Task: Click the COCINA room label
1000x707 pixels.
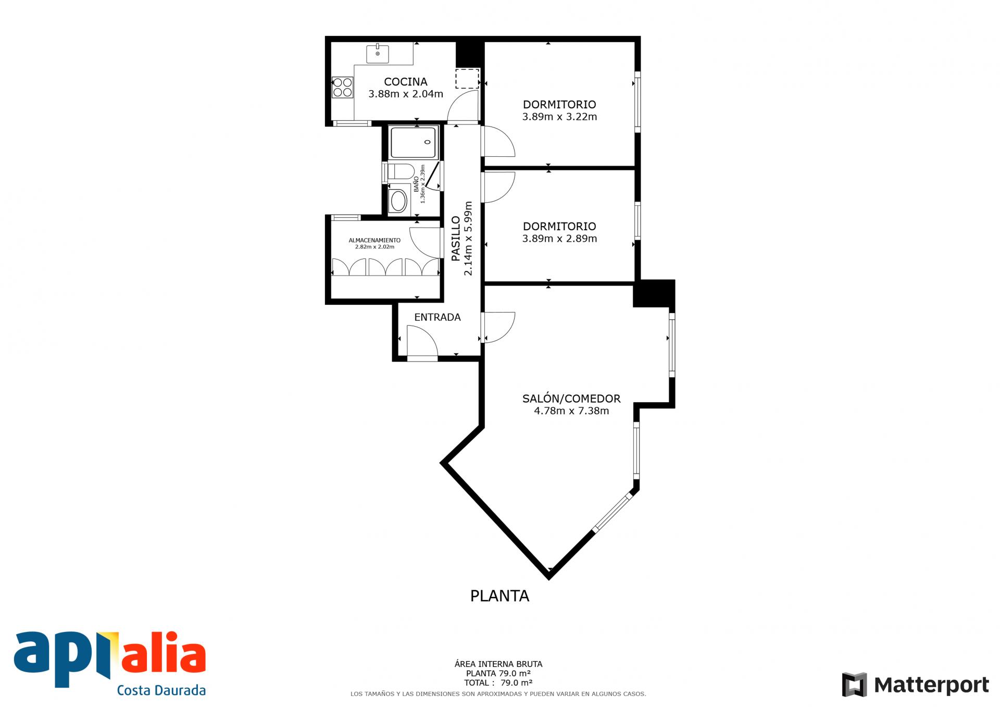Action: [406, 82]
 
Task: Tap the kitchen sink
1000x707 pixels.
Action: [378, 54]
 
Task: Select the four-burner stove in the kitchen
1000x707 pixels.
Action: [343, 87]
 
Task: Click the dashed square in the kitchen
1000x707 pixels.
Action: [467, 79]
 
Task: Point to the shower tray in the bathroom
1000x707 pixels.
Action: [415, 142]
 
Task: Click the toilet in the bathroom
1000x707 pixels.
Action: [401, 171]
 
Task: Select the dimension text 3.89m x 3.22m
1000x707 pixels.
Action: [559, 117]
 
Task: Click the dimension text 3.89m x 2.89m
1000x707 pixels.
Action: [559, 239]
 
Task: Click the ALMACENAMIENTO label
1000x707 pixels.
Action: [374, 240]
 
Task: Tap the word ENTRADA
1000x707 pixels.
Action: [438, 317]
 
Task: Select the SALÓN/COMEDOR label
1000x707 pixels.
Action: [571, 399]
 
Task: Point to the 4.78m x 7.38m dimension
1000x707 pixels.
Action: [571, 411]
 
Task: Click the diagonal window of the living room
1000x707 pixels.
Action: [613, 513]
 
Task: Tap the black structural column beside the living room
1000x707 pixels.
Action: [654, 294]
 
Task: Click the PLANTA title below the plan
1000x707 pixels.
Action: [499, 596]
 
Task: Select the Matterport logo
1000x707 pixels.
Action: [915, 685]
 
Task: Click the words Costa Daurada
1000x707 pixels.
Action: [161, 690]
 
